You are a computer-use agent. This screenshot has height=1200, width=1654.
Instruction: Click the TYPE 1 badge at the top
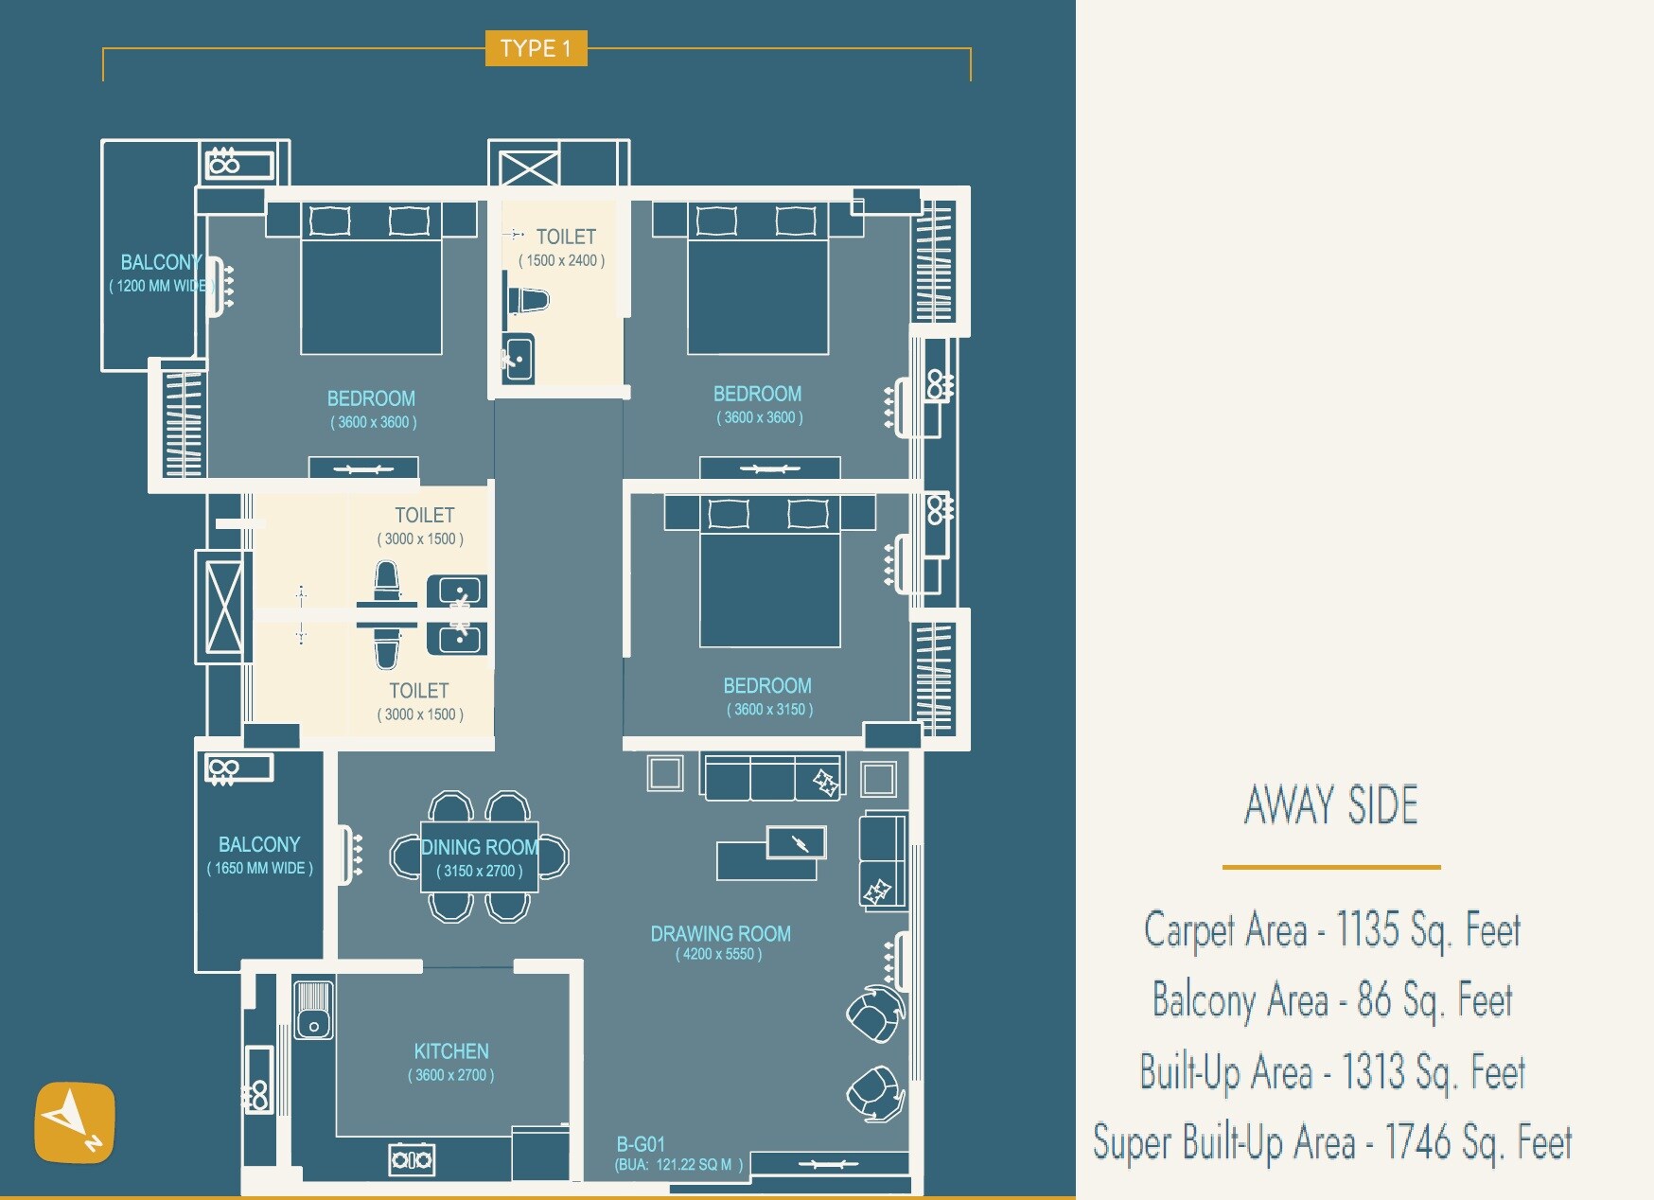coord(536,48)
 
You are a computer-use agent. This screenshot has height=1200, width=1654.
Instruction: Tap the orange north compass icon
coord(75,1122)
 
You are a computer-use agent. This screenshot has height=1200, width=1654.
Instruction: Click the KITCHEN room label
coord(451,1051)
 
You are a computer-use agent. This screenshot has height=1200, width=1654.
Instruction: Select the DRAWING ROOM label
coord(720,934)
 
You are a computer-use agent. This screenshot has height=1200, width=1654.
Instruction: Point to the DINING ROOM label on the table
coord(479,847)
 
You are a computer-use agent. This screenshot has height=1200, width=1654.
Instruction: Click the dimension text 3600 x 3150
coord(769,710)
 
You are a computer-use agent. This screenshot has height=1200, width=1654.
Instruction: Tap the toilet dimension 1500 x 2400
coord(561,261)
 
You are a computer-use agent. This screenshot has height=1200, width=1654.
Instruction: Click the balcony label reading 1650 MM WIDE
coord(259,868)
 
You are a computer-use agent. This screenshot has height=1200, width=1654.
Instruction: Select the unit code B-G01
coord(641,1144)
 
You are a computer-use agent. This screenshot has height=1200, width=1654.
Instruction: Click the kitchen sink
coord(313,1011)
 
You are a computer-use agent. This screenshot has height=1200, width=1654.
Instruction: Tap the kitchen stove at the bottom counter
coord(412,1158)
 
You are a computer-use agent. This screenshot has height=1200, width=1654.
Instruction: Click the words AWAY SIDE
coord(1330,805)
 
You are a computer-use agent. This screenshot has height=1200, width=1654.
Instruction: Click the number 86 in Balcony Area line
coord(1373,1000)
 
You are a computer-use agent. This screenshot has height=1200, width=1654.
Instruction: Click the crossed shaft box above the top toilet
coord(529,169)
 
